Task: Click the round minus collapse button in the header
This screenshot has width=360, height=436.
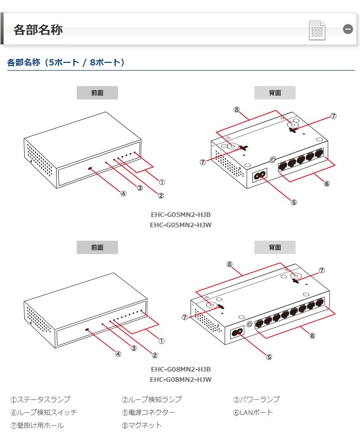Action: (348, 29)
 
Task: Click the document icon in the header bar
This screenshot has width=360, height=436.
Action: (317, 30)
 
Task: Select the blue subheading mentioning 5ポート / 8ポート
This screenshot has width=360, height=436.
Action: (66, 63)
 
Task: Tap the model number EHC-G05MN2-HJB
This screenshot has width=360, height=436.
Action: (180, 214)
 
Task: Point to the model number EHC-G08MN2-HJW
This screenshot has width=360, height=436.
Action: (180, 379)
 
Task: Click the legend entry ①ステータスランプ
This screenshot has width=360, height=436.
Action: (40, 399)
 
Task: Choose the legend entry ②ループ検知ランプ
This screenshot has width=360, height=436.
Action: (151, 399)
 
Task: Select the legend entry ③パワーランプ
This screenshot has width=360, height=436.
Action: (256, 399)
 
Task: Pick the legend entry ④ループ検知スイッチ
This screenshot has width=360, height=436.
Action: (44, 412)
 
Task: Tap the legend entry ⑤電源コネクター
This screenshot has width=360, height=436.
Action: (148, 412)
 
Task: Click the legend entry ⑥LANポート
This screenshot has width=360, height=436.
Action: (253, 412)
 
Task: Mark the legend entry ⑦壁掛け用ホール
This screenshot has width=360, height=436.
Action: (37, 425)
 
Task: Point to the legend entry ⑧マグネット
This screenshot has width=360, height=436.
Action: (142, 425)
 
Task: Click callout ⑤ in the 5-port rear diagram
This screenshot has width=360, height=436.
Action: (294, 202)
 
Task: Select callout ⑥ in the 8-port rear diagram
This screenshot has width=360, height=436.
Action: (312, 336)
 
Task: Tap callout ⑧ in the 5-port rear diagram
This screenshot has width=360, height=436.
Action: (236, 109)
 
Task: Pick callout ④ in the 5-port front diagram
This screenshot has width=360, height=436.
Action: (123, 194)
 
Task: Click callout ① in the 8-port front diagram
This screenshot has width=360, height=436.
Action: (161, 341)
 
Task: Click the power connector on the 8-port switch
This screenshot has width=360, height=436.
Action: (238, 333)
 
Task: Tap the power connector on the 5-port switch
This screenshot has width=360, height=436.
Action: (260, 175)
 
